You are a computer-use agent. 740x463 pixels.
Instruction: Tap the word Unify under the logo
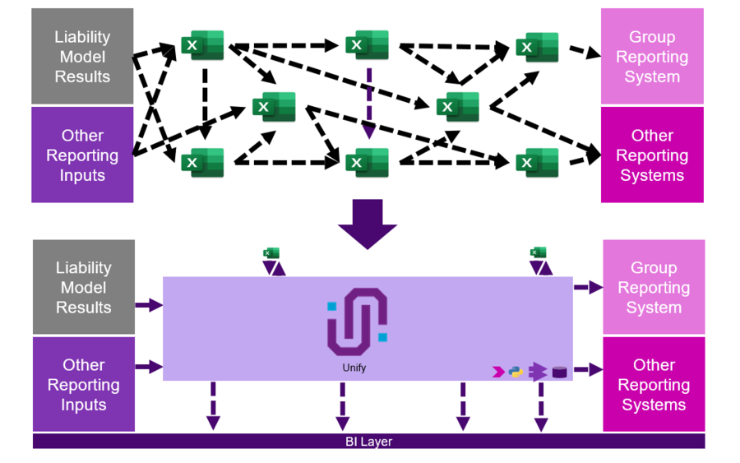354,368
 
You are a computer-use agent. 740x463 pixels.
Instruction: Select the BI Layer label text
368,442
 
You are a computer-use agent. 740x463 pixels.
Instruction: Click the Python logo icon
516,372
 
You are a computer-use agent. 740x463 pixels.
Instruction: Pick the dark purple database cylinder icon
559,372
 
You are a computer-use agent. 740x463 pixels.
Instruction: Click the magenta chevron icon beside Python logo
497,372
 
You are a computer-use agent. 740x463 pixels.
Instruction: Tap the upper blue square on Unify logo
332,306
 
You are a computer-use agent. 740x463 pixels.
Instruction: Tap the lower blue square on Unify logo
382,336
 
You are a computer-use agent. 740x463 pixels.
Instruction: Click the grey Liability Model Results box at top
82,57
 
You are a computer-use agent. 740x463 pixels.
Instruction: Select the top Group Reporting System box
652,57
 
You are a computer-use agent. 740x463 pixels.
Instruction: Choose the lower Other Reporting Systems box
654,384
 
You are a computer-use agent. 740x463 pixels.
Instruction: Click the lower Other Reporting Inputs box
83,384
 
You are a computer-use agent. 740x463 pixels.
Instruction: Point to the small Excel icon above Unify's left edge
271,253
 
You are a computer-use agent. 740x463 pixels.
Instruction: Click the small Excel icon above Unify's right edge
539,253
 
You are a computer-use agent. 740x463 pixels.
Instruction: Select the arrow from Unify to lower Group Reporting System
588,287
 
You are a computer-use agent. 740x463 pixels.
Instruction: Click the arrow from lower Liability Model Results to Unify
149,305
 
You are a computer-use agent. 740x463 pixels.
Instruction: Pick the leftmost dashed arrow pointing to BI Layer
213,405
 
